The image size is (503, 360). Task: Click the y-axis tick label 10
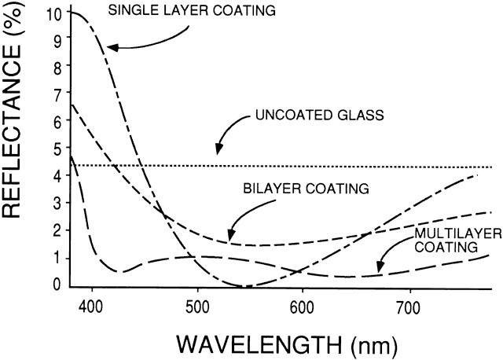click(53, 13)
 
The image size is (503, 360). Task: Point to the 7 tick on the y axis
click(54, 95)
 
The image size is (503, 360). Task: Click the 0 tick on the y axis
click(54, 285)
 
